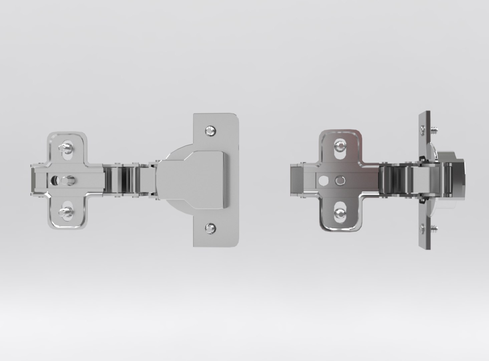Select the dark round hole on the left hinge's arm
[53, 180]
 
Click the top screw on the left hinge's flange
[210, 130]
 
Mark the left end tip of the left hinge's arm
[33, 180]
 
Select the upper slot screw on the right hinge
[340, 145]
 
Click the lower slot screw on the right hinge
[340, 212]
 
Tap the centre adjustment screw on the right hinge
[340, 180]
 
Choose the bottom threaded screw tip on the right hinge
[434, 230]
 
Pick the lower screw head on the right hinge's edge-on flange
[422, 229]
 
